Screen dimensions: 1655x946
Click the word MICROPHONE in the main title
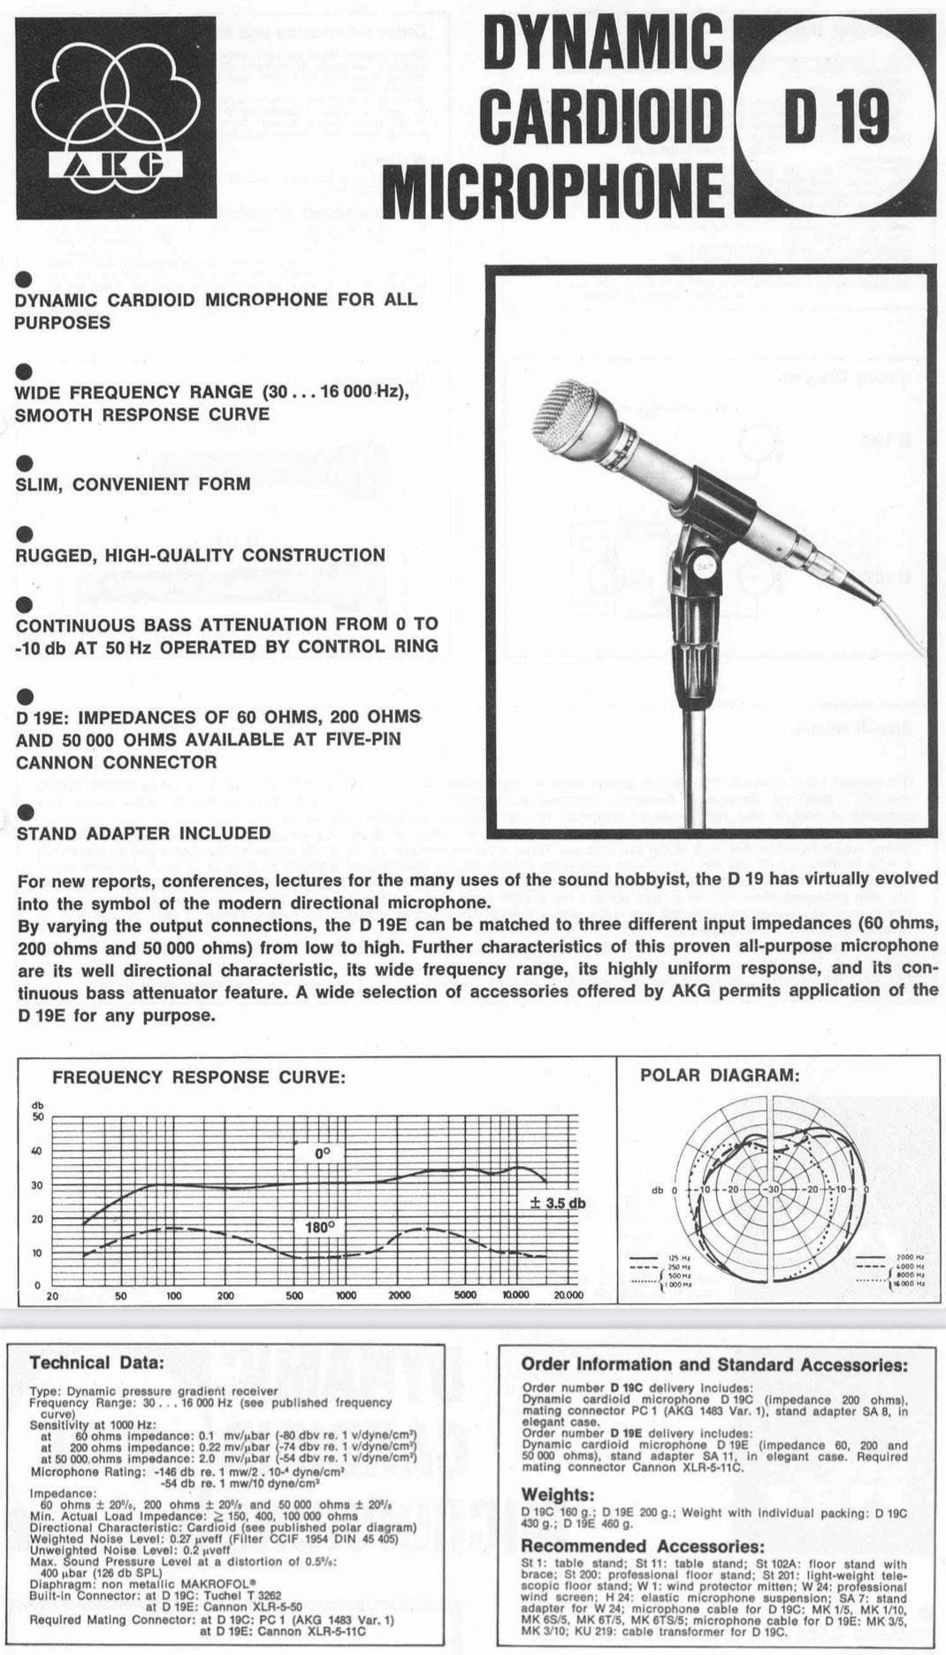click(x=553, y=192)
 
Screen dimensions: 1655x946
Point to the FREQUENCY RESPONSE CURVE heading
click(x=199, y=1077)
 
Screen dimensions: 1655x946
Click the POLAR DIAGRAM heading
click(x=720, y=1075)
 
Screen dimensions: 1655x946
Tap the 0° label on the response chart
click(x=321, y=1153)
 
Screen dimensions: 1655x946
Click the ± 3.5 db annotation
click(x=557, y=1203)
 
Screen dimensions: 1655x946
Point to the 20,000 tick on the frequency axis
click(x=568, y=1295)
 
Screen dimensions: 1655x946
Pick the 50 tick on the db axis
click(x=37, y=1116)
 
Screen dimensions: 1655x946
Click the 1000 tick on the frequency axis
click(x=346, y=1295)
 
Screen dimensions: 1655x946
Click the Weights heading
click(x=557, y=1495)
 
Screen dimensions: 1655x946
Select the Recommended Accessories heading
click(x=642, y=1545)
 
